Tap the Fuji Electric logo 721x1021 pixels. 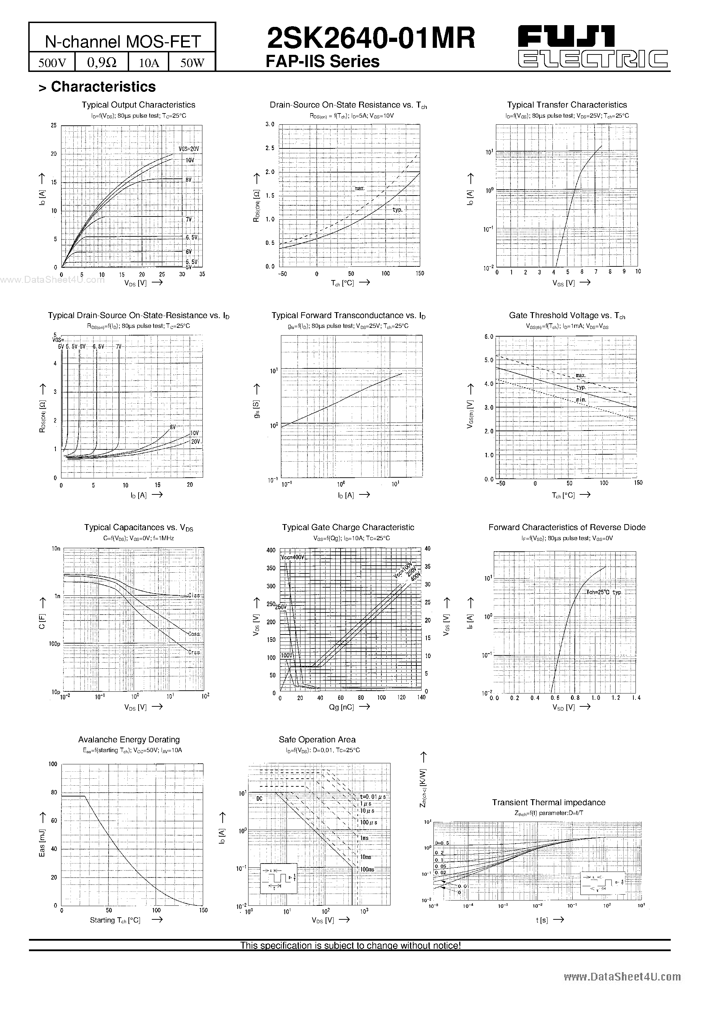(593, 46)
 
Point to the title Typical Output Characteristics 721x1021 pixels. (138, 105)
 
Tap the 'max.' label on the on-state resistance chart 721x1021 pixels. (359, 189)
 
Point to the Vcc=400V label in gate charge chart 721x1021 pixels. (293, 557)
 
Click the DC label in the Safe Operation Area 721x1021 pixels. (260, 798)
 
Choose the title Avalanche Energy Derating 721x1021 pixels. (129, 740)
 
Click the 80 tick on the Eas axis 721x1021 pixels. (54, 792)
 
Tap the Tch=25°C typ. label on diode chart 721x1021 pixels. (604, 592)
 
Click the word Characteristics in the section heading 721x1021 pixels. (103, 87)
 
